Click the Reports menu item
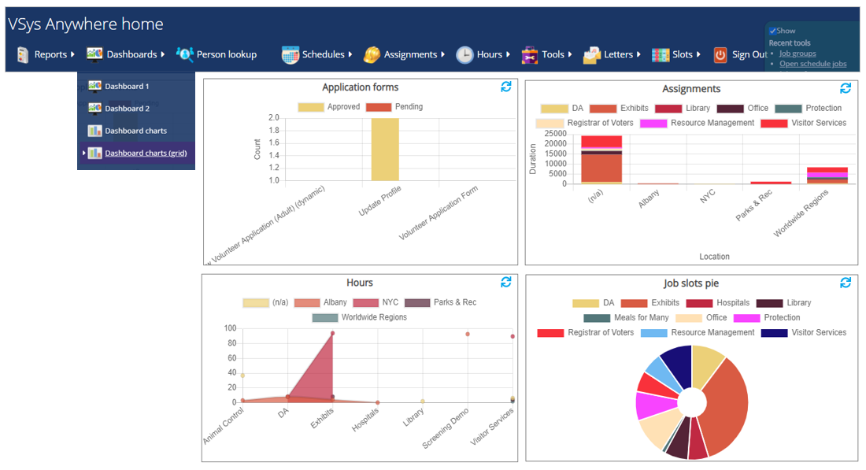pyautogui.click(x=46, y=54)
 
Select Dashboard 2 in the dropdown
pyautogui.click(x=127, y=109)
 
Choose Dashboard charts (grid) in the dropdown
pyautogui.click(x=146, y=154)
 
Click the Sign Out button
pyautogui.click(x=740, y=54)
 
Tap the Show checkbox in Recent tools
pyautogui.click(x=773, y=31)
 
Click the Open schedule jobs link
pyautogui.click(x=812, y=64)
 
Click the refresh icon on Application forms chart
pyautogui.click(x=506, y=87)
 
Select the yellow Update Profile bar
pyautogui.click(x=385, y=149)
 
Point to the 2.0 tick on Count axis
pyautogui.click(x=273, y=118)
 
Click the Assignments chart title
pyautogui.click(x=690, y=89)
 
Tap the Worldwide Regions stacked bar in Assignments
pyautogui.click(x=827, y=176)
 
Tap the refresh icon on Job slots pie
pyautogui.click(x=846, y=283)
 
